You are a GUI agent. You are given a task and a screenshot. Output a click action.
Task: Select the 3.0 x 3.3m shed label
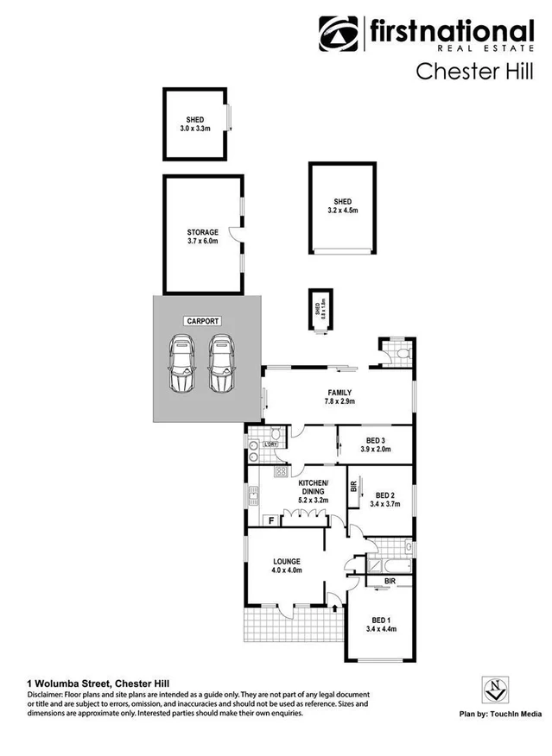[x=195, y=124]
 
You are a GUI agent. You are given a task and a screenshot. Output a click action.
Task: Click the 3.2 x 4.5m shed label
[x=342, y=205]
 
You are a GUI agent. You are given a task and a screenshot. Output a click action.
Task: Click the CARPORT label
[x=203, y=321]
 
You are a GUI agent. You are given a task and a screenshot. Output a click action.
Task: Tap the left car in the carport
[x=182, y=365]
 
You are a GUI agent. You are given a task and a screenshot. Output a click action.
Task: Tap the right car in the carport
[x=223, y=365]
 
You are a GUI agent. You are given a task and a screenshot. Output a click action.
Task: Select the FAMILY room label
[x=339, y=396]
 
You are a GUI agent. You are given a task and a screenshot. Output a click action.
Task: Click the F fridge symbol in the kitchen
[x=270, y=520]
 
